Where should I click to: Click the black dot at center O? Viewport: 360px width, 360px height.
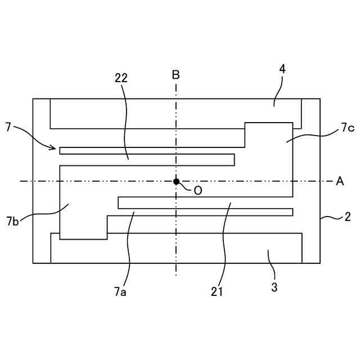click(176, 181)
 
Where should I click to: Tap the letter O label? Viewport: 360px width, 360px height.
click(197, 191)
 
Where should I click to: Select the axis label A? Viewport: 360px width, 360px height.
click(340, 181)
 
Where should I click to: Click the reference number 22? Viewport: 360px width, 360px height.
click(121, 78)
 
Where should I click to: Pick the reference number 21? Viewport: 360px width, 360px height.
click(217, 291)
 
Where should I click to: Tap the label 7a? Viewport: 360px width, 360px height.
click(120, 291)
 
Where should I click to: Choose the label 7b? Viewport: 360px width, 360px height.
click(13, 221)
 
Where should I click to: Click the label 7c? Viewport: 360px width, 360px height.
click(346, 129)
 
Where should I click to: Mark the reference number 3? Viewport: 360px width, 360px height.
click(274, 287)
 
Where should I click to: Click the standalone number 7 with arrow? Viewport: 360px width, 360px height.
click(8, 128)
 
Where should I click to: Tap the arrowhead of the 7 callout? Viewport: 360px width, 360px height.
click(54, 148)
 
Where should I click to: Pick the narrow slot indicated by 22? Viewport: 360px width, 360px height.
click(146, 160)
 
